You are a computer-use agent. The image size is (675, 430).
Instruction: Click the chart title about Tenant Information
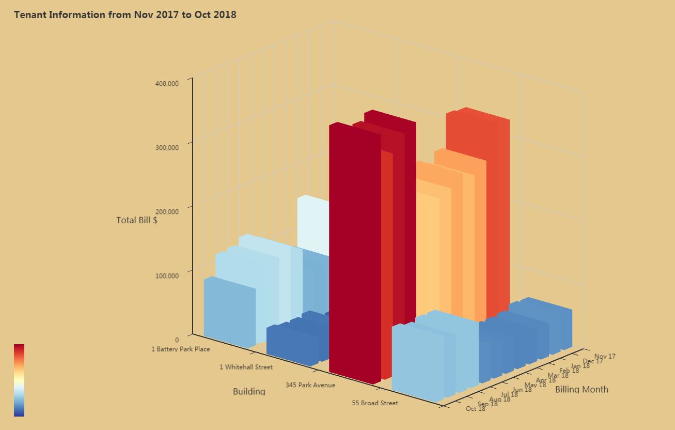(125, 14)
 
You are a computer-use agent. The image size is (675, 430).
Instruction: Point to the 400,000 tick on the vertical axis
(167, 83)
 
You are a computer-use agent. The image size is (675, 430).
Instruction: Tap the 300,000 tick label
(167, 147)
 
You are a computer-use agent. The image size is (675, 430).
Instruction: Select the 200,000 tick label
(167, 211)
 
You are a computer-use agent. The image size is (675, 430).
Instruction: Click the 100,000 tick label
(167, 275)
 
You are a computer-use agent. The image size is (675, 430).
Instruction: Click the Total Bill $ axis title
(137, 220)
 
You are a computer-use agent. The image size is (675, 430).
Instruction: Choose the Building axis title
(249, 391)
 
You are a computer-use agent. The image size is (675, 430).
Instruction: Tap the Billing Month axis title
(582, 389)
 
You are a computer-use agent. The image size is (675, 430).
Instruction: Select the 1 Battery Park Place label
(180, 349)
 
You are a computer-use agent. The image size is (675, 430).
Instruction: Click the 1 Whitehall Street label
(246, 367)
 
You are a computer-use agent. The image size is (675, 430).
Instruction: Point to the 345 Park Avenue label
(310, 385)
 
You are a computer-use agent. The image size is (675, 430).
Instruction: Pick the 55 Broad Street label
(375, 403)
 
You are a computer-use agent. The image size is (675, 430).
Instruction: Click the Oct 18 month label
(475, 409)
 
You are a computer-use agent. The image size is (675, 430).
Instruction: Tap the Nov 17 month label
(605, 356)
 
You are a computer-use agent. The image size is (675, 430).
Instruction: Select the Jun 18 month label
(522, 390)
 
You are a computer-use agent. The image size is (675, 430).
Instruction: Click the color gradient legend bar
(19, 380)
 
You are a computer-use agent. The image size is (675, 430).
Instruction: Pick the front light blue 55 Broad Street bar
(417, 362)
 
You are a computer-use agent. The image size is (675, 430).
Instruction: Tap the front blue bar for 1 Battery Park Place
(229, 313)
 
